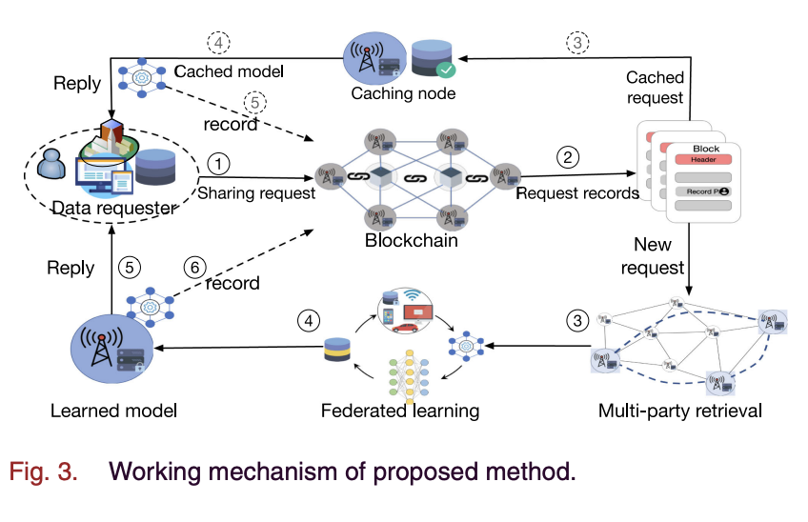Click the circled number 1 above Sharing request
click(x=219, y=164)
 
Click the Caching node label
click(x=403, y=93)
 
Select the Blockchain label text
click(x=411, y=240)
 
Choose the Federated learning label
click(x=400, y=412)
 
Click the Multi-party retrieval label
click(x=680, y=412)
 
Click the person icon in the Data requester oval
click(x=50, y=166)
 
